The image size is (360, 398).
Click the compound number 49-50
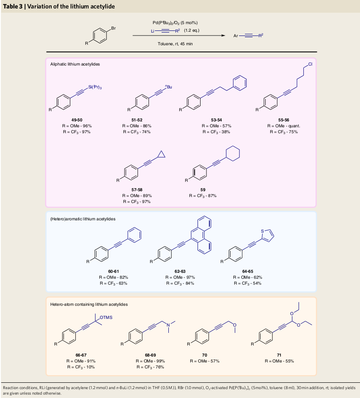pyautogui.click(x=77, y=120)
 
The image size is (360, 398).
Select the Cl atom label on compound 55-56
pyautogui.click(x=310, y=64)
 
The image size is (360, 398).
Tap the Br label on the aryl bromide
pyautogui.click(x=113, y=28)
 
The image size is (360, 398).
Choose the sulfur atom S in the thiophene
pyautogui.click(x=262, y=231)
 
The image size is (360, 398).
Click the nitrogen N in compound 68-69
pyautogui.click(x=168, y=325)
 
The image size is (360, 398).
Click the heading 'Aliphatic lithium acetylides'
pyautogui.click(x=75, y=64)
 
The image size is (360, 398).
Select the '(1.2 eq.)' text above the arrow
pyautogui.click(x=192, y=30)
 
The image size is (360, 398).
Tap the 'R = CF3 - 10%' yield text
pyautogui.click(x=81, y=367)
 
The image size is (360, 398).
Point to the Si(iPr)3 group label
pyautogui.click(x=95, y=88)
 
